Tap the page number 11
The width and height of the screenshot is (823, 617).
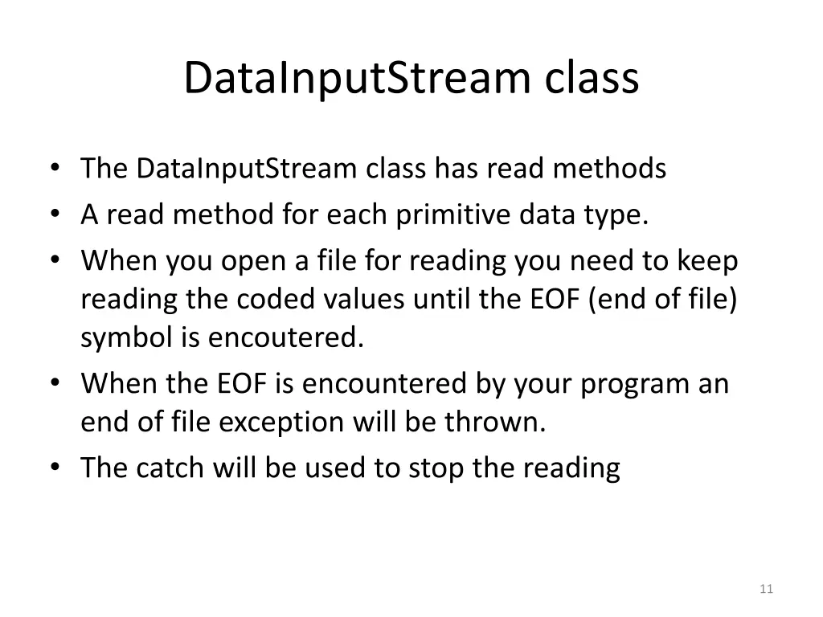pyautogui.click(x=765, y=590)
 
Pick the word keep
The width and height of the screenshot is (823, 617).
pyautogui.click(x=708, y=262)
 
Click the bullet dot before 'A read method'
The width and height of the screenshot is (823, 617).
pyautogui.click(x=54, y=215)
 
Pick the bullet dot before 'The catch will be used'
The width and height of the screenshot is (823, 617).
pyautogui.click(x=54, y=468)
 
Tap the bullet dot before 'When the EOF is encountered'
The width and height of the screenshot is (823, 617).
pyautogui.click(x=54, y=383)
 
